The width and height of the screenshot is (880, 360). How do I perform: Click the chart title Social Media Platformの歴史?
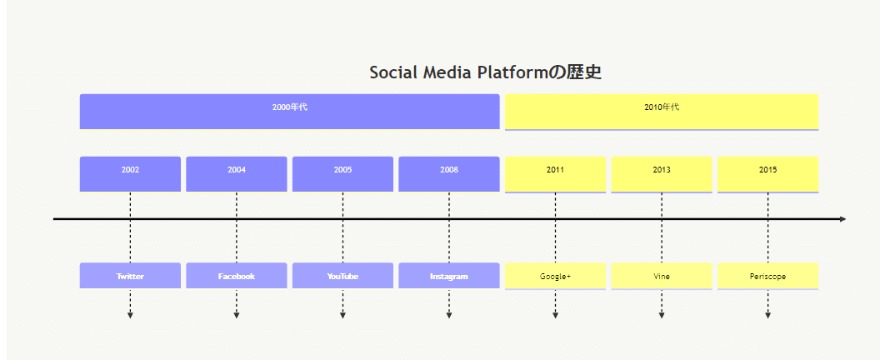(486, 72)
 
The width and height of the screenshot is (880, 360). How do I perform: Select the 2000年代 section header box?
(290, 112)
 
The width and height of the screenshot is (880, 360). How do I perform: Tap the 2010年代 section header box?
(662, 112)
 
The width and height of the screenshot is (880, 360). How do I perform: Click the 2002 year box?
(130, 174)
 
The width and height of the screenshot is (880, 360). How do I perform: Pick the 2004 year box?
(237, 174)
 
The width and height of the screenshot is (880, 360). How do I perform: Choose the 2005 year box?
(342, 174)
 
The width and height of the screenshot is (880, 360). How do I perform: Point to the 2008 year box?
(449, 174)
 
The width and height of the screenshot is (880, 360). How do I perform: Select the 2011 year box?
(556, 175)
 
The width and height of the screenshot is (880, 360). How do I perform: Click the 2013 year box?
(662, 175)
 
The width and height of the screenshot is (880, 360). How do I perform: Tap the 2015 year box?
(767, 175)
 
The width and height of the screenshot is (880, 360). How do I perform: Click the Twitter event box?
(130, 276)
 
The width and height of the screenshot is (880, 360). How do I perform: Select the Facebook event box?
(237, 276)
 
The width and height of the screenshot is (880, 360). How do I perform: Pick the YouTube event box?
(342, 276)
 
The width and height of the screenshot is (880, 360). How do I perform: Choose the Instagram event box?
(449, 276)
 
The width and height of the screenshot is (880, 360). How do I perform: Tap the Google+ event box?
(556, 277)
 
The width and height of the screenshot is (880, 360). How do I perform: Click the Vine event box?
(662, 277)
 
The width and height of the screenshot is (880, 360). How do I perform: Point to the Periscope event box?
(767, 277)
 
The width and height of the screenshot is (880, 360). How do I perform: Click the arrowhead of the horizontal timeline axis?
(843, 219)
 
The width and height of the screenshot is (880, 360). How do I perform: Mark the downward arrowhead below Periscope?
(767, 316)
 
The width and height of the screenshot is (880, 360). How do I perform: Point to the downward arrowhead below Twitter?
(130, 316)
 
